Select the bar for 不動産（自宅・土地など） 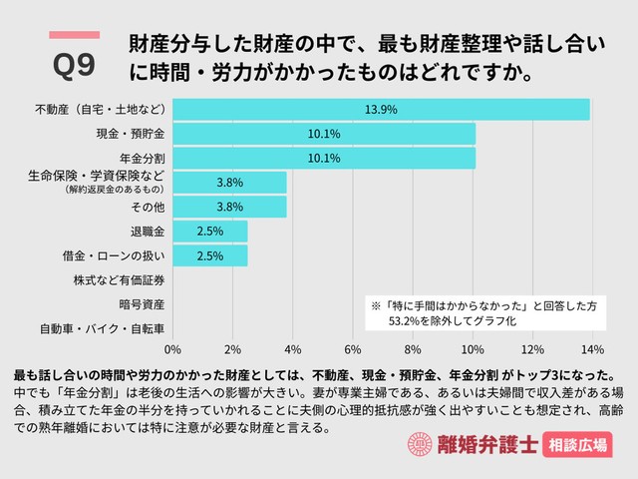pyautogui.click(x=381, y=109)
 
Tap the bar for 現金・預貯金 pyautogui.click(x=324, y=133)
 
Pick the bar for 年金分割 pyautogui.click(x=324, y=158)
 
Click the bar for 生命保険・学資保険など pyautogui.click(x=229, y=182)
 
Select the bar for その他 pyautogui.click(x=229, y=207)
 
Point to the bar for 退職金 pyautogui.click(x=210, y=231)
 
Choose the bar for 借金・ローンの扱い pyautogui.click(x=210, y=255)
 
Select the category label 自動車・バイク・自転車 pyautogui.click(x=103, y=328)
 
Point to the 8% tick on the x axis pyautogui.click(x=412, y=349)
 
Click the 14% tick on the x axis pyautogui.click(x=592, y=349)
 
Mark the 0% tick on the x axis pyautogui.click(x=172, y=349)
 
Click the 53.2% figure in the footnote pyautogui.click(x=407, y=322)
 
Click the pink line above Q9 pyautogui.click(x=74, y=35)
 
